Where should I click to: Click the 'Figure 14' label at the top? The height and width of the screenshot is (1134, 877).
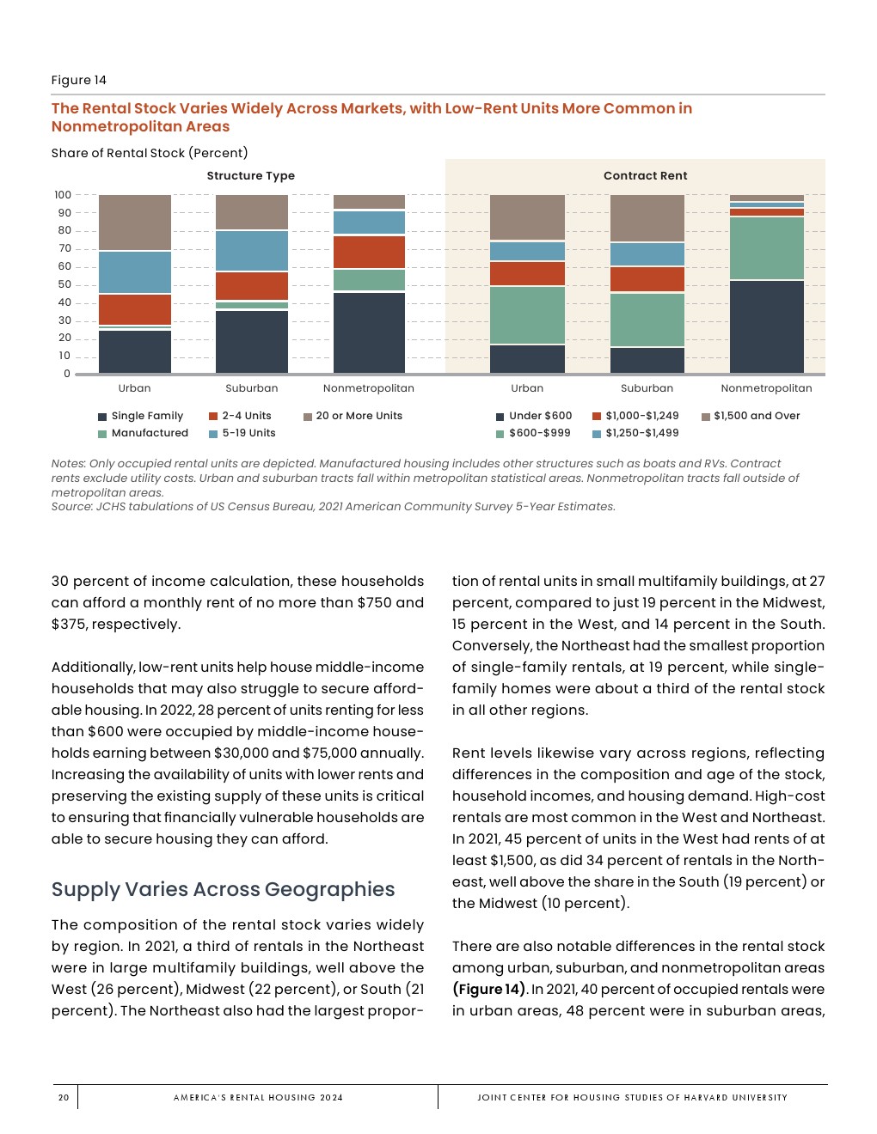pyautogui.click(x=79, y=80)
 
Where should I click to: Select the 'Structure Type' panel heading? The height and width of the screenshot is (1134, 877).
pyautogui.click(x=250, y=175)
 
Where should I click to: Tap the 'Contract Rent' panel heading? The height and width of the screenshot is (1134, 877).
pyautogui.click(x=645, y=175)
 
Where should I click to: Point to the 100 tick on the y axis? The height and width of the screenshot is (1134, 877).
pyautogui.click(x=63, y=195)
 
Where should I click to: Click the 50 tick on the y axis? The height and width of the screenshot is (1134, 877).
pyautogui.click(x=64, y=284)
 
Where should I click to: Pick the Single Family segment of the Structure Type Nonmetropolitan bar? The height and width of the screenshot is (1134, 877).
pyautogui.click(x=369, y=332)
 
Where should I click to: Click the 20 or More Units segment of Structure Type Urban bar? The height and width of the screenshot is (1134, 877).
pyautogui.click(x=135, y=223)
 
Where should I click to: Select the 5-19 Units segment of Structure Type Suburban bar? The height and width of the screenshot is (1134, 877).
pyautogui.click(x=252, y=251)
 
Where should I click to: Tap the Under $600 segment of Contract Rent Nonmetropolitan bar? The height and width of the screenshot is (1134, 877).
pyautogui.click(x=766, y=326)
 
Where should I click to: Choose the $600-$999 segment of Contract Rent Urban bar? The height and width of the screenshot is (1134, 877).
pyautogui.click(x=527, y=315)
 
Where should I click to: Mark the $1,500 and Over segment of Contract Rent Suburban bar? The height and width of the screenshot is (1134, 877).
pyautogui.click(x=647, y=218)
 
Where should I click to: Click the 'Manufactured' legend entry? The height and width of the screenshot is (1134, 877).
pyautogui.click(x=149, y=433)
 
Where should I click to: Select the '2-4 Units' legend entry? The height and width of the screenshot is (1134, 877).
pyautogui.click(x=246, y=416)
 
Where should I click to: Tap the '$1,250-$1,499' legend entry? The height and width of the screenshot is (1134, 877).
pyautogui.click(x=641, y=433)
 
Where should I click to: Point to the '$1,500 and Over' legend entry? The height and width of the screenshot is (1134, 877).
pyautogui.click(x=756, y=416)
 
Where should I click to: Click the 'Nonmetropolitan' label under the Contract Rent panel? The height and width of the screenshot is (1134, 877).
pyautogui.click(x=766, y=388)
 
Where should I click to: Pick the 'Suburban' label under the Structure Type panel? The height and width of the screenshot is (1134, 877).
pyautogui.click(x=252, y=388)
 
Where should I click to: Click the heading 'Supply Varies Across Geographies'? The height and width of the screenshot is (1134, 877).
pyautogui.click(x=223, y=889)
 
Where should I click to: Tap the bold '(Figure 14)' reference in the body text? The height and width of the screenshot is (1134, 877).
pyautogui.click(x=489, y=989)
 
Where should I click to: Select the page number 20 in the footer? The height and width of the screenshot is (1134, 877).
pyautogui.click(x=64, y=1097)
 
